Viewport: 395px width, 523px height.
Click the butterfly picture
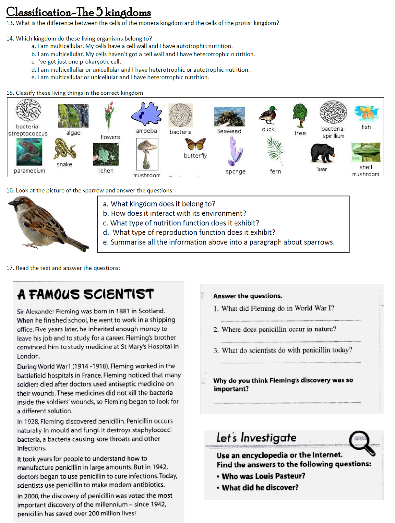(x=195, y=144)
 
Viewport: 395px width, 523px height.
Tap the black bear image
(x=322, y=153)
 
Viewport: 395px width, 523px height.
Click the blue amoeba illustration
(x=147, y=114)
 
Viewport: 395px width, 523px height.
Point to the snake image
(x=65, y=148)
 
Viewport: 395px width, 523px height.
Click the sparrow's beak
(x=11, y=203)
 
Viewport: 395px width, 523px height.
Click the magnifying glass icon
(x=361, y=442)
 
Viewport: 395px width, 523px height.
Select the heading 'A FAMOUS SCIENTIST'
(x=85, y=294)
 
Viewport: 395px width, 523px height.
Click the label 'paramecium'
(x=29, y=171)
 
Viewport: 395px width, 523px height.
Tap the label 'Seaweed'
(x=229, y=131)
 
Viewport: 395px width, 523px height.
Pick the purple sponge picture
(x=235, y=151)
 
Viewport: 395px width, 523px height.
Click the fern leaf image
(x=275, y=151)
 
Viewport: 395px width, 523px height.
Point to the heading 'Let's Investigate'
(x=256, y=438)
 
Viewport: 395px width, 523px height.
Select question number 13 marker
(x=10, y=23)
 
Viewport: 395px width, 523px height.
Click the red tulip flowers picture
(x=109, y=116)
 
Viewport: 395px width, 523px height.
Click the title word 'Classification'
(x=38, y=12)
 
